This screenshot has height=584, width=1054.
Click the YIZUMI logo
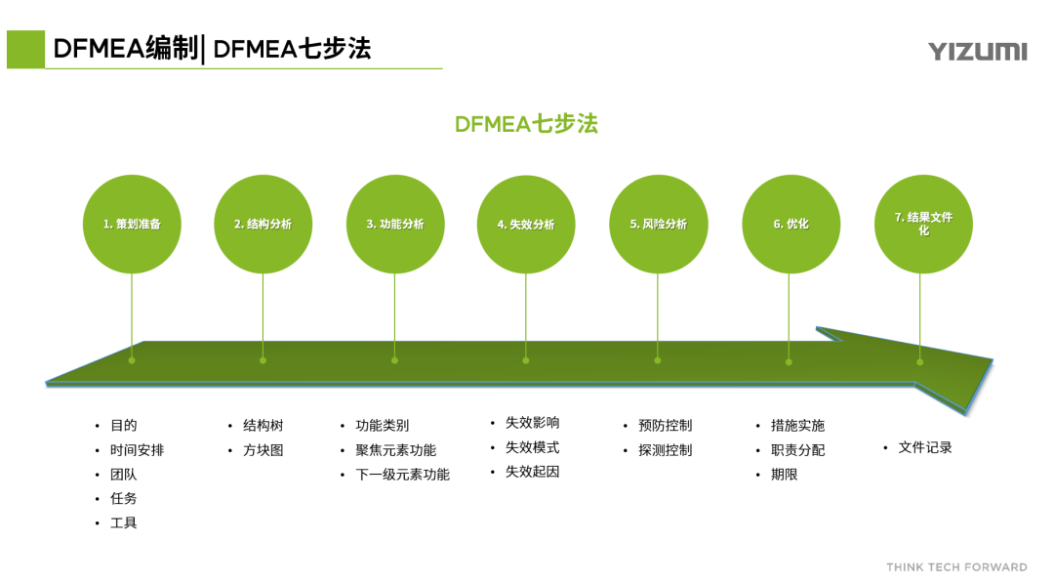click(x=977, y=52)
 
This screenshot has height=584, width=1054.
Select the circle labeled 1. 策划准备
click(x=132, y=224)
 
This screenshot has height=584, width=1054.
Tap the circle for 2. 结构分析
click(x=263, y=224)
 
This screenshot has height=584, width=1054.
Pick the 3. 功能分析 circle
click(x=395, y=224)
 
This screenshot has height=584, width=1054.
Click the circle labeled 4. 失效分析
click(x=526, y=224)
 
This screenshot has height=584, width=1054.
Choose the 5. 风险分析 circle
click(x=658, y=224)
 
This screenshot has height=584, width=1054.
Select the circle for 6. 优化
click(x=790, y=224)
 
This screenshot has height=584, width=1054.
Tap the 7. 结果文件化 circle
click(x=922, y=224)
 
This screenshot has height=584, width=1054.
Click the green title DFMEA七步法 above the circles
click(x=526, y=124)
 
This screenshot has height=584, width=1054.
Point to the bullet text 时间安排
click(x=137, y=450)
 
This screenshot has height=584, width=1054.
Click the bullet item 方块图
click(x=263, y=450)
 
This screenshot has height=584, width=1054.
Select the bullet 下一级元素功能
click(x=402, y=475)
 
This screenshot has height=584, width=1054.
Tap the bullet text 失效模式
click(x=532, y=447)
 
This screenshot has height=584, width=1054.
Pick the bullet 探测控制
click(x=665, y=450)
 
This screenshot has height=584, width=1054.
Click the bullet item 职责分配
click(x=797, y=450)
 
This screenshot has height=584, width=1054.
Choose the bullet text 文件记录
click(x=924, y=447)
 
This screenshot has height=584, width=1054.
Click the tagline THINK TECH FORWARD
click(x=956, y=567)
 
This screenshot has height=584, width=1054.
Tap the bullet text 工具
click(x=123, y=523)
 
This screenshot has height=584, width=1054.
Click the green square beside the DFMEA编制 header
click(x=25, y=49)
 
